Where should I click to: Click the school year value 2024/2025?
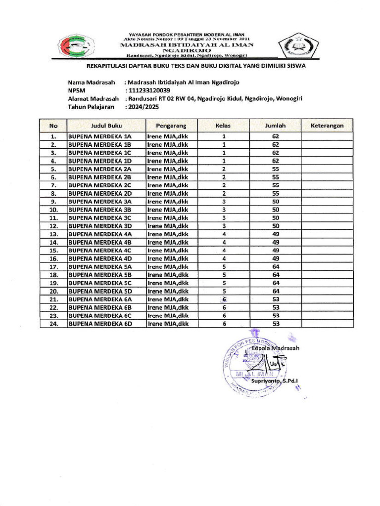143,106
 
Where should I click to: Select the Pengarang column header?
171,126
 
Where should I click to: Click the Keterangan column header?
327,126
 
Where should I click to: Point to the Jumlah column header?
276,126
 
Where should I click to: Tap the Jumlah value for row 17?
276,267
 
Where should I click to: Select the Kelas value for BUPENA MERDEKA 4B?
224,242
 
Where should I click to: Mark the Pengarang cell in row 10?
168,210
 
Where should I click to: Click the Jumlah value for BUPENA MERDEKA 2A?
276,169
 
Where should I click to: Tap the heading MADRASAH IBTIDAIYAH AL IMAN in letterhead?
187,44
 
